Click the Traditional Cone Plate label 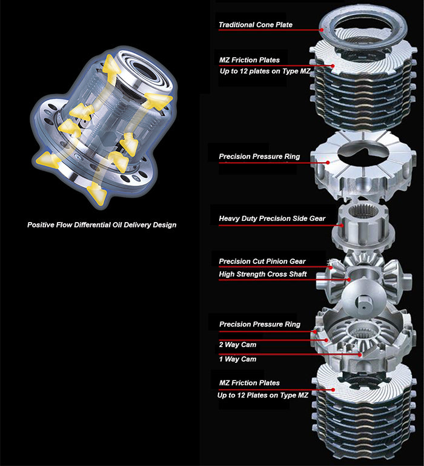tap(255, 25)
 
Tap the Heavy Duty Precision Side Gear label tap(272, 218)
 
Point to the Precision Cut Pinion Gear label tap(262, 262)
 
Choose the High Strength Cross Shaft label tap(263, 274)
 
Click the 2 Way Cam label tap(237, 345)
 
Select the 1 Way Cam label tap(237, 359)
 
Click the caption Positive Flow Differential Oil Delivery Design tap(102, 225)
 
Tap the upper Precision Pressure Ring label tap(259, 157)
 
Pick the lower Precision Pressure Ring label tap(259, 325)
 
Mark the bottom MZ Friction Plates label tap(249, 383)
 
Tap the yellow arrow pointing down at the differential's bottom tap(96, 194)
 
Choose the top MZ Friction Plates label tap(249, 59)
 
